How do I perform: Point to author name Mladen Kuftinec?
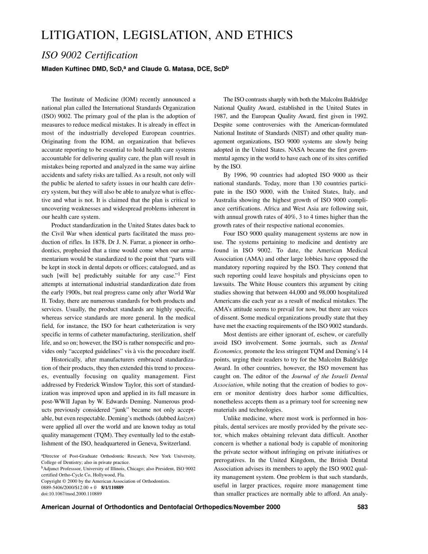click(x=68, y=69)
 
